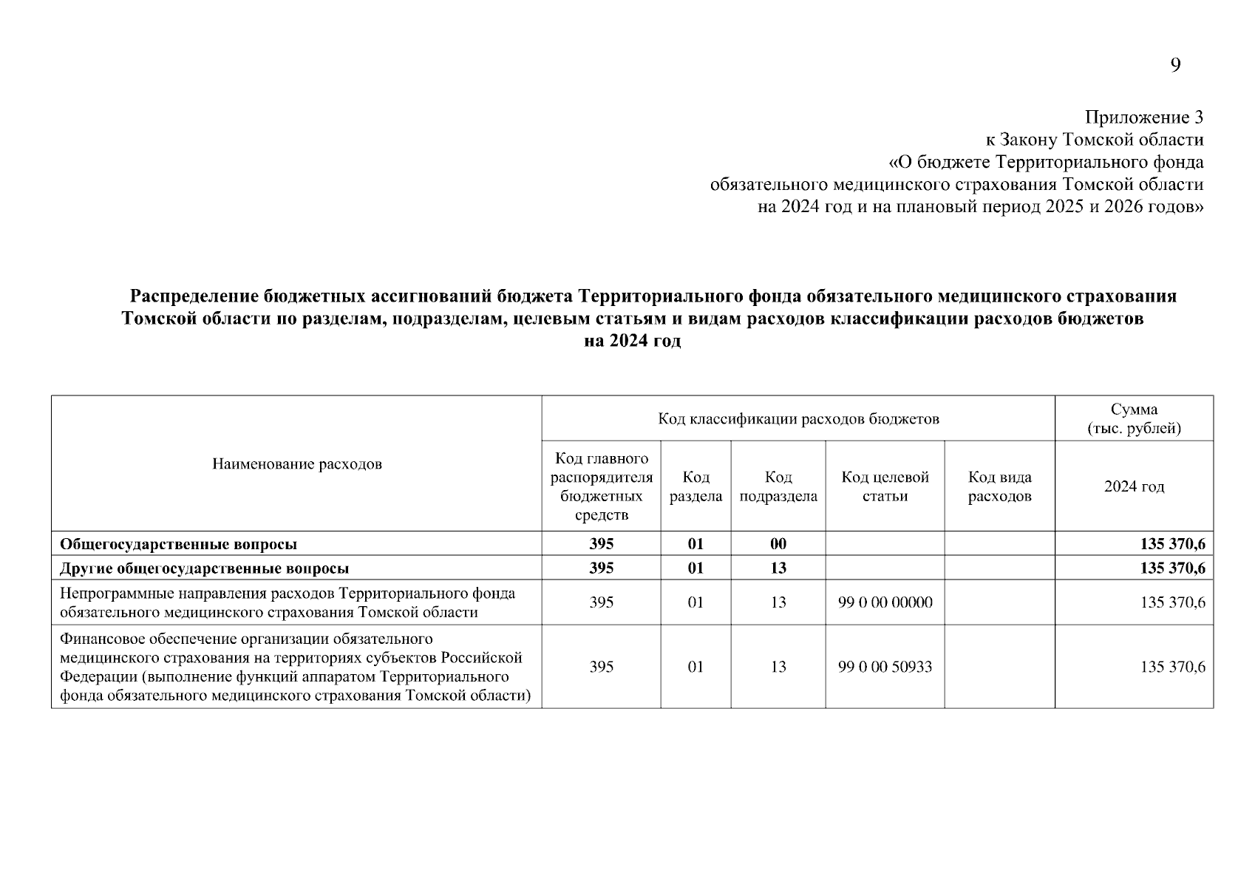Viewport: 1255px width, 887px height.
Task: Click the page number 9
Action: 1175,66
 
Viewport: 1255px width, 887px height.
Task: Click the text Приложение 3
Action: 1143,117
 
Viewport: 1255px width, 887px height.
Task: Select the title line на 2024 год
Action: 633,341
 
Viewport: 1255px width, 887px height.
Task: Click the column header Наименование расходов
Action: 296,464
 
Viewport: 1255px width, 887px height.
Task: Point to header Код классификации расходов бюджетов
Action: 798,419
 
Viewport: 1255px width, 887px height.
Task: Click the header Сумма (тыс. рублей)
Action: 1134,419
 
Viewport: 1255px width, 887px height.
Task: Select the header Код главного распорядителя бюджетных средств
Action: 602,486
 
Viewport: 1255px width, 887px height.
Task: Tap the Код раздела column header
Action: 695,486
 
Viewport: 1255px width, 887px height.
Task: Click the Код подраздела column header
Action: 778,486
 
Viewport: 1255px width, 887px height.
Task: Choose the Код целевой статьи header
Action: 885,486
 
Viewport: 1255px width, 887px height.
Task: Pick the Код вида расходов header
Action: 999,486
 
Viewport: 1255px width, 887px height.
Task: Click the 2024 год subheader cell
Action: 1134,486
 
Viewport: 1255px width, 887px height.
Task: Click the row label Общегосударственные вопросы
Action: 179,544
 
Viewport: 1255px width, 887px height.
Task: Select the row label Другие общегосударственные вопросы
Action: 205,568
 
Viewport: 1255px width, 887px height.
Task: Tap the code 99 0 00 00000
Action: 885,602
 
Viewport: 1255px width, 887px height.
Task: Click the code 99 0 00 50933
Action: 885,667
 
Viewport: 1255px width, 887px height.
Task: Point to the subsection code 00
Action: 778,544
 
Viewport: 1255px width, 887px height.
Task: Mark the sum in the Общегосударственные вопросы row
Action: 1172,544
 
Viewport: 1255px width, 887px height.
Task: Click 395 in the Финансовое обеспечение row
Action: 602,667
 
